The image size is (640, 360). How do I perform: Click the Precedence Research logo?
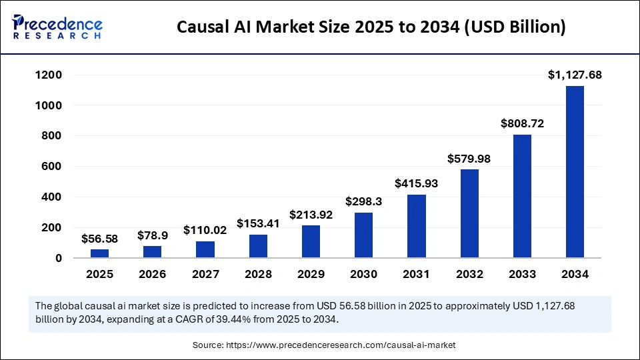[57, 27]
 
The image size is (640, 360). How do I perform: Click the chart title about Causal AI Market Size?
[371, 27]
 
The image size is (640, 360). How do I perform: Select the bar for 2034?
[575, 171]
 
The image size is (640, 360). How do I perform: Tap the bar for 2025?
[99, 253]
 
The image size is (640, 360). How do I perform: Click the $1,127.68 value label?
[575, 75]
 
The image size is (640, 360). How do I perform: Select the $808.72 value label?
[522, 124]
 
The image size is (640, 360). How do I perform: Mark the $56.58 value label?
[99, 238]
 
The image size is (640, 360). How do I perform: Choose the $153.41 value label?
[258, 223]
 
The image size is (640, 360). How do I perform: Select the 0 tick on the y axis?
[59, 258]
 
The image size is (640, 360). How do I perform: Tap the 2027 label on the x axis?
[205, 274]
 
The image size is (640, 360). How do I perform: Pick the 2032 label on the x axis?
[469, 274]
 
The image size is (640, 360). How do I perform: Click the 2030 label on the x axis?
[363, 274]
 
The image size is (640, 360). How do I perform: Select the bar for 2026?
[152, 252]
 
